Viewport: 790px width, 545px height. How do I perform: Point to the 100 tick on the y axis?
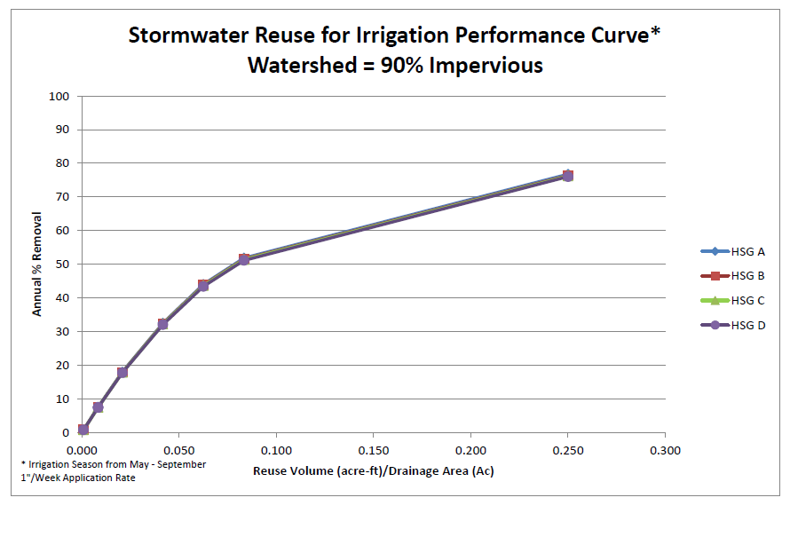click(60, 96)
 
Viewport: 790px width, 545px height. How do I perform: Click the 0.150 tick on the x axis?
click(374, 450)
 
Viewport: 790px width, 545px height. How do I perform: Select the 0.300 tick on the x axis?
click(665, 450)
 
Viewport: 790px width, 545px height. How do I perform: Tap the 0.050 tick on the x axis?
click(179, 450)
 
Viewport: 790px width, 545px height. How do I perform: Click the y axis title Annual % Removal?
click(37, 264)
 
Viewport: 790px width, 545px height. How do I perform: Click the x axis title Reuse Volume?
click(373, 470)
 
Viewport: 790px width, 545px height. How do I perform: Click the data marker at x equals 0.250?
click(567, 176)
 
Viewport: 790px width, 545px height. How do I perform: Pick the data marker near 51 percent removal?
click(244, 259)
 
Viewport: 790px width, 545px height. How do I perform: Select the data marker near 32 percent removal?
click(162, 324)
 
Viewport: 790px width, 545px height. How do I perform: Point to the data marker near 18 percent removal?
click(122, 372)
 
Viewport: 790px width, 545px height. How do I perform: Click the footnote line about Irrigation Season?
click(113, 464)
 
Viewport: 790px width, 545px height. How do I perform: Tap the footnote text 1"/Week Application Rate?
click(79, 478)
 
